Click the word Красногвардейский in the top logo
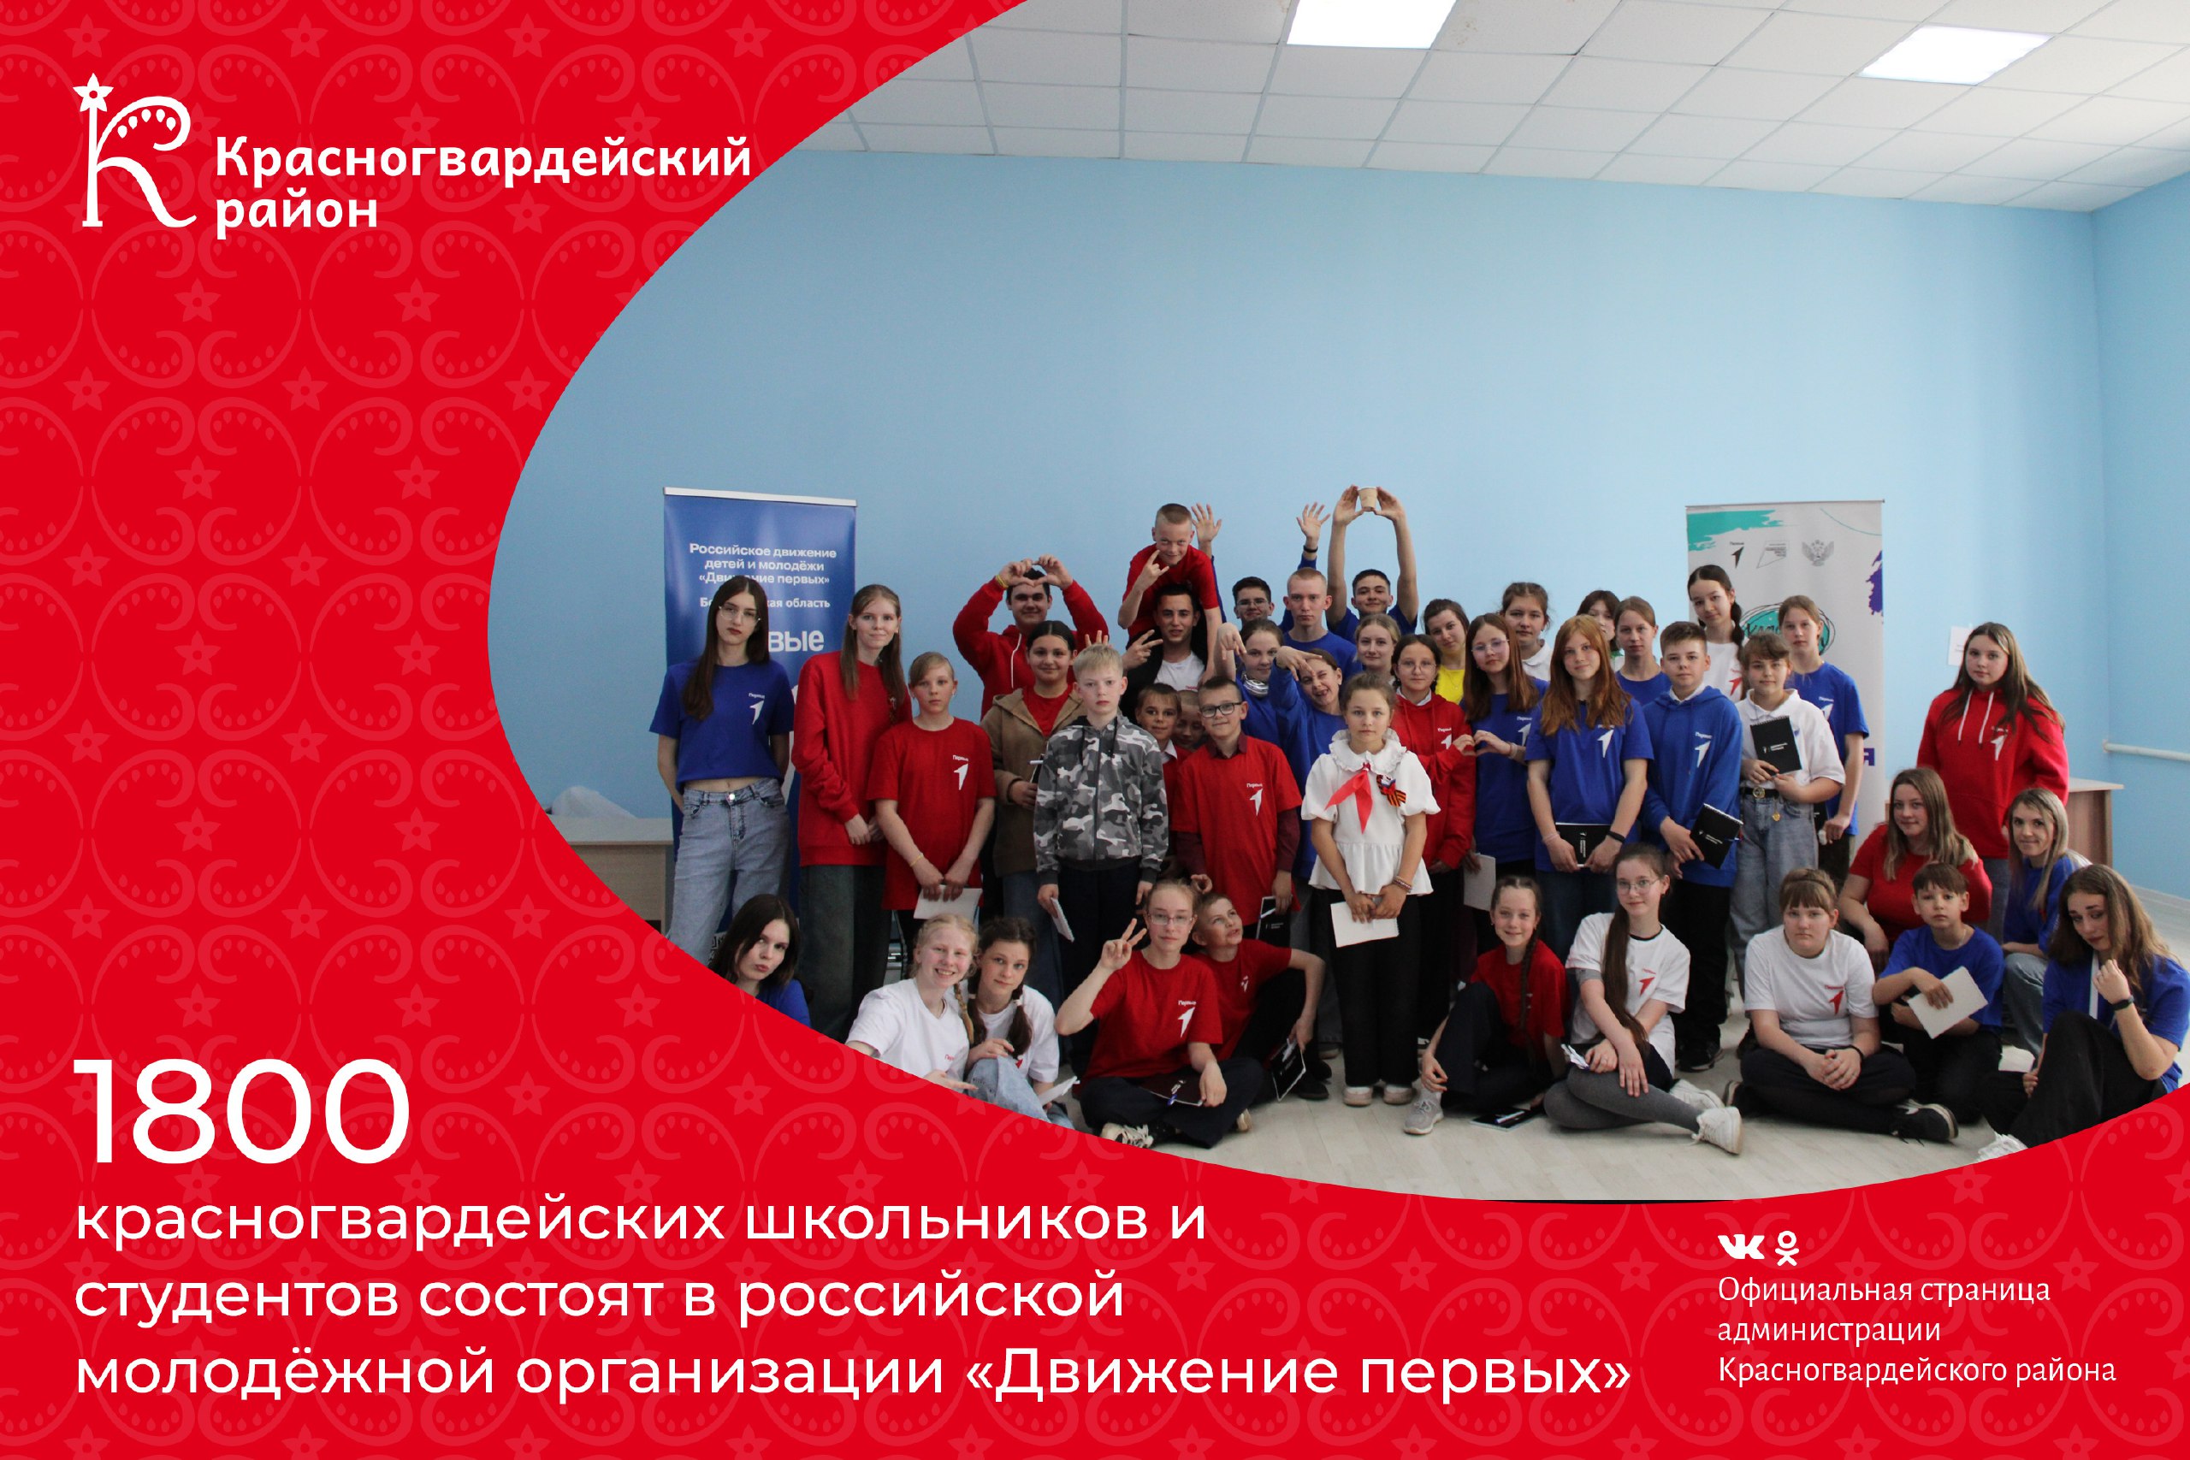pyautogui.click(x=482, y=158)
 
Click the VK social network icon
pyautogui.click(x=1740, y=1246)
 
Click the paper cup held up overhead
pyautogui.click(x=1366, y=500)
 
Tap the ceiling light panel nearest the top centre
pyautogui.click(x=1370, y=21)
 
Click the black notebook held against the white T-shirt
pyautogui.click(x=1773, y=745)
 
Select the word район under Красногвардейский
pyautogui.click(x=296, y=212)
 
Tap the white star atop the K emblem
pyautogui.click(x=92, y=92)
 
